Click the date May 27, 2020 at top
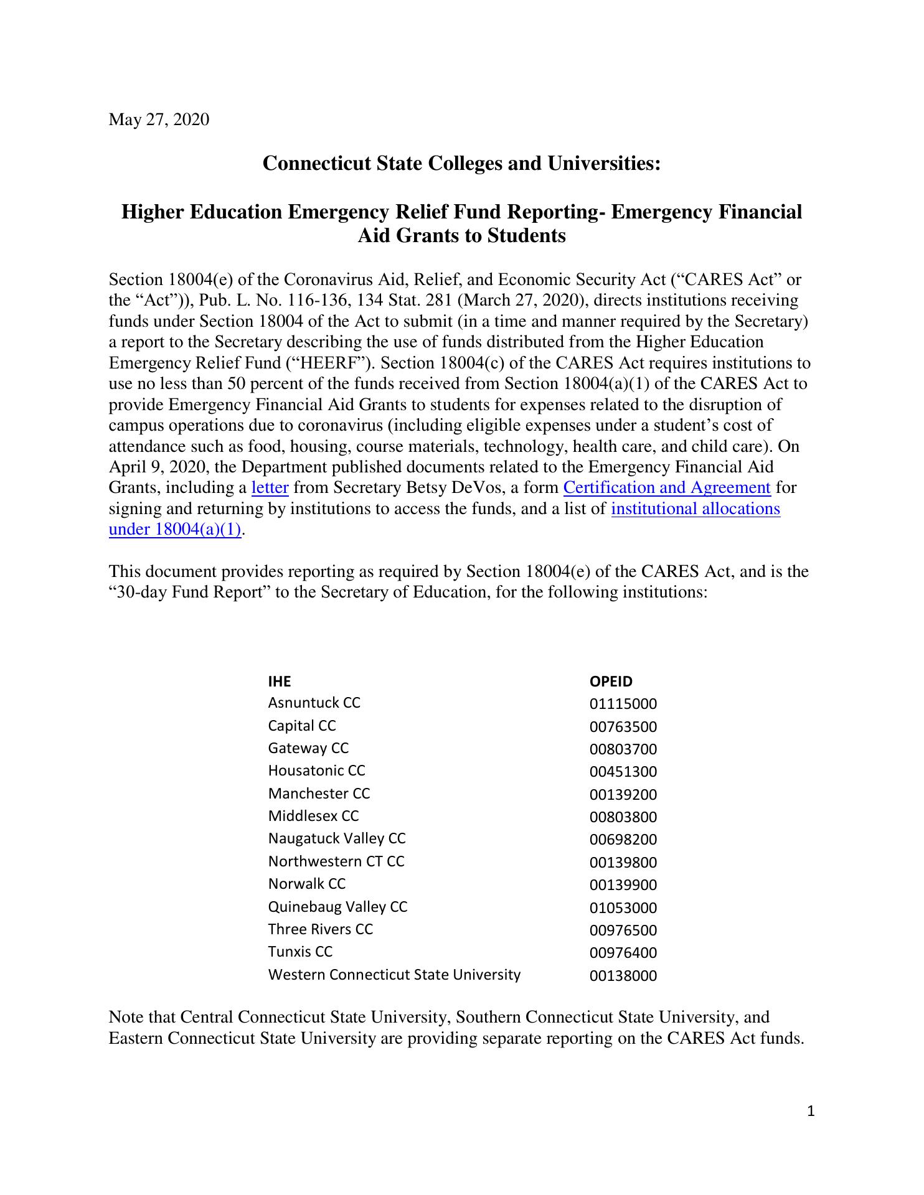[159, 119]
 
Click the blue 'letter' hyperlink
[270, 488]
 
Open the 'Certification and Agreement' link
[667, 488]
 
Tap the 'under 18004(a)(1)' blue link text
[174, 530]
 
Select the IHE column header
[279, 682]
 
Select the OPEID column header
[611, 682]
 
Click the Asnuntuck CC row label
[314, 703]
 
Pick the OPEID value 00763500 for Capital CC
[623, 727]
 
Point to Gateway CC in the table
[308, 749]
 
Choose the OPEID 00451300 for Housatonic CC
[623, 772]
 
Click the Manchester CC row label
[319, 794]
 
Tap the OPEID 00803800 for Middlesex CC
[623, 817]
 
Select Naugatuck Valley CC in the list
[337, 839]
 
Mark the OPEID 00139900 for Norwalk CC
[623, 885]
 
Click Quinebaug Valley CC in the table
[337, 907]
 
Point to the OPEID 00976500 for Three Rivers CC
[623, 930]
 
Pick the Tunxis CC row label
[300, 952]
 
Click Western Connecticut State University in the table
[394, 975]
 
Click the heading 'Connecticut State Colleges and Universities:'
[461, 164]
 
